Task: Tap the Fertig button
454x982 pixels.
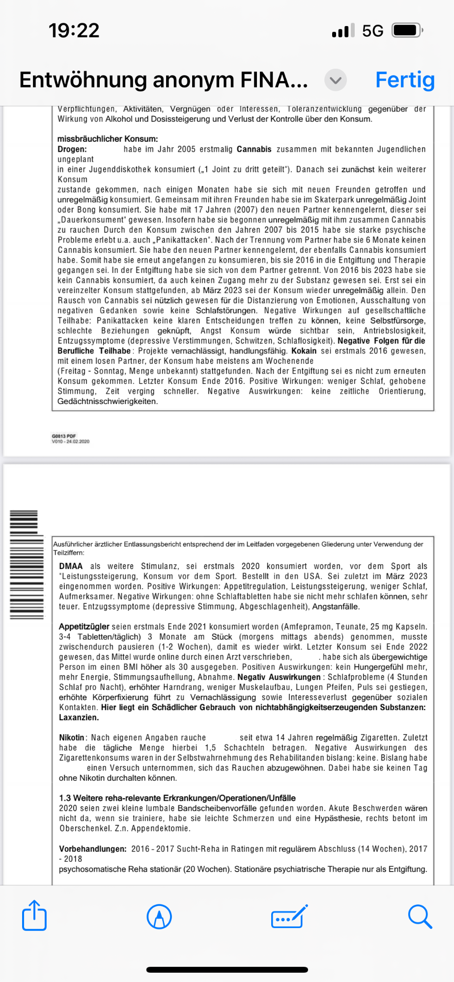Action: pyautogui.click(x=405, y=80)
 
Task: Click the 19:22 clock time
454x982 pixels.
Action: pyautogui.click(x=74, y=30)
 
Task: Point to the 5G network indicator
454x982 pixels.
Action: pyautogui.click(x=372, y=31)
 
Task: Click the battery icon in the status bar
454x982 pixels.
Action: pyautogui.click(x=407, y=30)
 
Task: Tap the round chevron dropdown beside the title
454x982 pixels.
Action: pyautogui.click(x=336, y=80)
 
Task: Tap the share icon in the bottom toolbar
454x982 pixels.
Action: pyautogui.click(x=34, y=916)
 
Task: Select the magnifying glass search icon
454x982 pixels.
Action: pyautogui.click(x=420, y=916)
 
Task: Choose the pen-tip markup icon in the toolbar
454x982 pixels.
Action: pyautogui.click(x=159, y=916)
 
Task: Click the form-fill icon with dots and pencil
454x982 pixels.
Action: pyautogui.click(x=289, y=916)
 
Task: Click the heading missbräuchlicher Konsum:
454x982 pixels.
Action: pyautogui.click(x=108, y=139)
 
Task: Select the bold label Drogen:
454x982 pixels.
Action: pyautogui.click(x=72, y=149)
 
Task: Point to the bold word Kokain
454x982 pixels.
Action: pyautogui.click(x=304, y=351)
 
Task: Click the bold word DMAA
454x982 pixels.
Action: pyautogui.click(x=71, y=566)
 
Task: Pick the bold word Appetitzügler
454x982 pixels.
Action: pyautogui.click(x=84, y=627)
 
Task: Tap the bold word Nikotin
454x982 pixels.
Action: pyautogui.click(x=72, y=737)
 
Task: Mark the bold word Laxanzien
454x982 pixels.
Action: pyautogui.click(x=79, y=717)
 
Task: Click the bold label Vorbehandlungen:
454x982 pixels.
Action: pyautogui.click(x=92, y=848)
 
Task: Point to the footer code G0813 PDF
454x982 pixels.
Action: pyautogui.click(x=64, y=436)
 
